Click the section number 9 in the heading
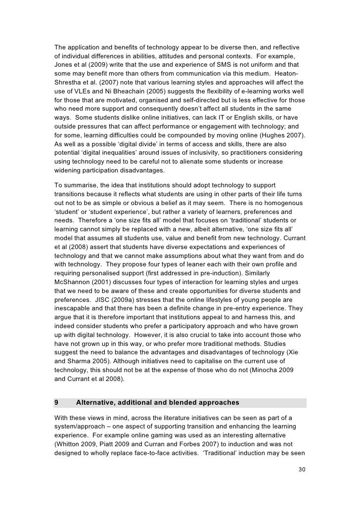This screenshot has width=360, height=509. pos(57,403)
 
